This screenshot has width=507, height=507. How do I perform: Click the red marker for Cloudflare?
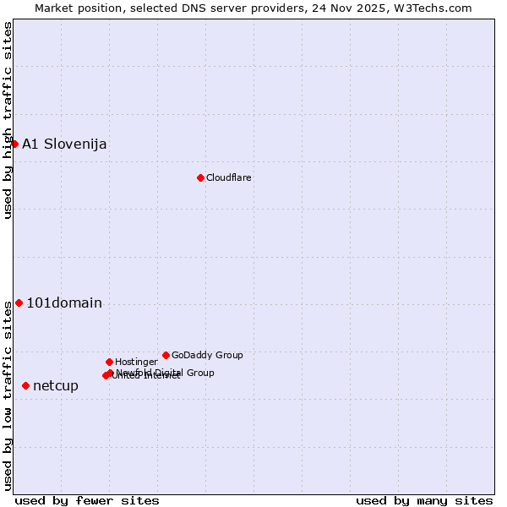[x=200, y=177]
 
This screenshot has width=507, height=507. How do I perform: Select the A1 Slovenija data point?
[x=14, y=144]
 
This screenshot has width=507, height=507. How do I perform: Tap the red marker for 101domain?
[x=19, y=303]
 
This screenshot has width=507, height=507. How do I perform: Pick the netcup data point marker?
[x=25, y=385]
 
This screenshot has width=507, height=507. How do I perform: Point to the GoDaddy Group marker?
[x=166, y=355]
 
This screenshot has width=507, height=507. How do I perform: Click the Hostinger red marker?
[x=109, y=362]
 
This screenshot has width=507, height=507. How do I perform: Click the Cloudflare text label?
[x=229, y=177]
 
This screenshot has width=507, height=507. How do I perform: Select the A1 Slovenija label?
[x=64, y=144]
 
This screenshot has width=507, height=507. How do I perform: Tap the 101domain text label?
[x=64, y=303]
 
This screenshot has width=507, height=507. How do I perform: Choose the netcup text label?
[x=56, y=385]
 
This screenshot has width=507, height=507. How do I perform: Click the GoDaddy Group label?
[x=207, y=355]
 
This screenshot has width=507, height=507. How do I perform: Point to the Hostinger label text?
[x=136, y=362]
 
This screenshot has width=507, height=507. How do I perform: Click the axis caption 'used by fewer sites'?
[x=87, y=500]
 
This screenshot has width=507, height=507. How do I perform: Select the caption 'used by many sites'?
[x=424, y=500]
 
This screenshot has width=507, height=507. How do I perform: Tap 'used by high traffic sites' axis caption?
[x=8, y=120]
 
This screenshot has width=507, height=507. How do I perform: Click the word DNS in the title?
[x=208, y=8]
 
